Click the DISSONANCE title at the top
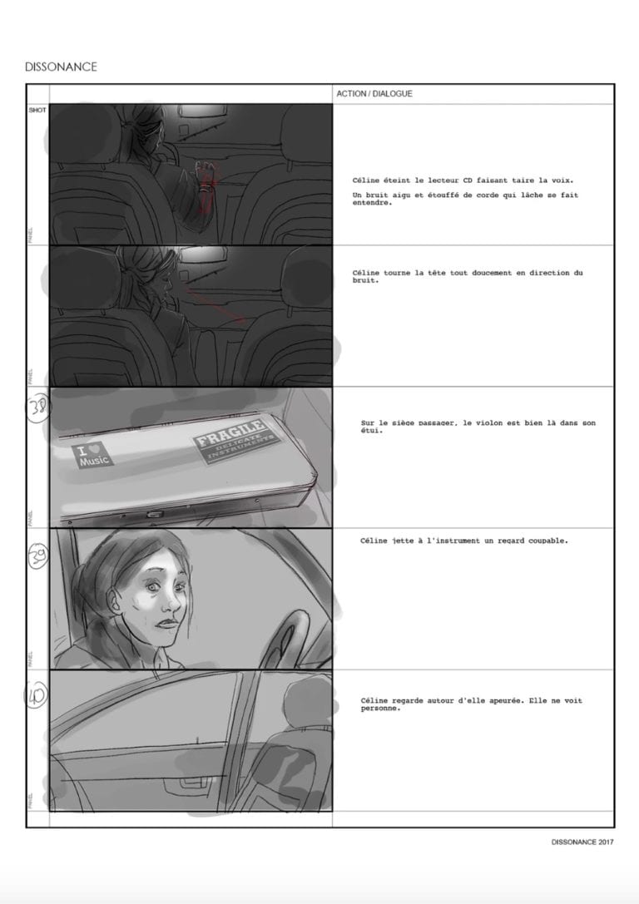[61, 67]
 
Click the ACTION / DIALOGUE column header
[374, 94]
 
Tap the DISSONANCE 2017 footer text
[582, 842]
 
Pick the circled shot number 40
[38, 691]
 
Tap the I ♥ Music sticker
[94, 457]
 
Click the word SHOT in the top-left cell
[37, 110]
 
